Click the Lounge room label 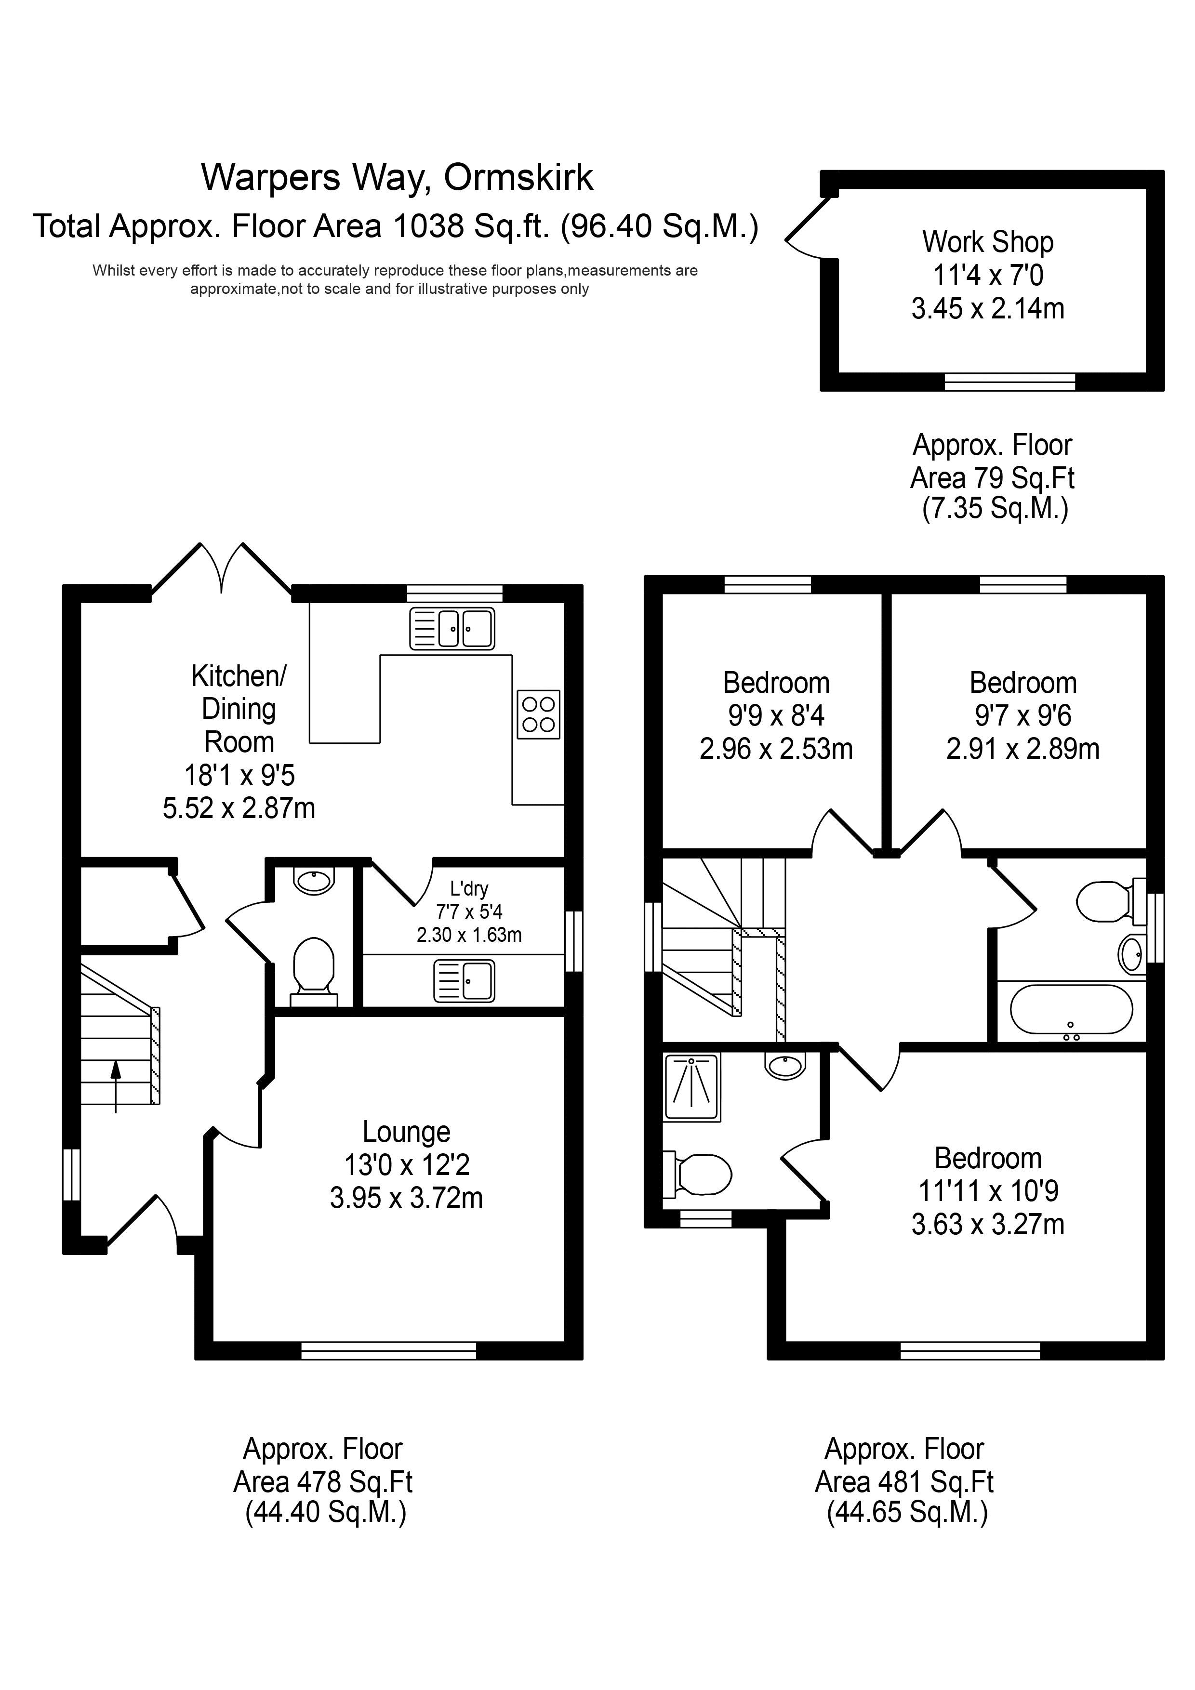(406, 1131)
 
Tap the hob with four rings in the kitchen (538, 714)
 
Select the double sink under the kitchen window (452, 629)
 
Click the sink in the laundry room (465, 980)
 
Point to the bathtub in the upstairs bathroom (1071, 1011)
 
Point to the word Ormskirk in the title (518, 177)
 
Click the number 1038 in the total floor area (428, 226)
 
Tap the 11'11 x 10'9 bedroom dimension (988, 1191)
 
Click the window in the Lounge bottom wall (389, 1350)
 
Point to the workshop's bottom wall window (1009, 381)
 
